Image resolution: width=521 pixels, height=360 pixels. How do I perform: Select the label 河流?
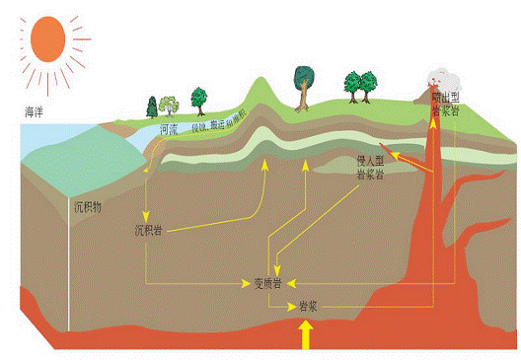point(169,128)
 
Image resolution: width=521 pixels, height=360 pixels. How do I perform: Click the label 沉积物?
point(89,208)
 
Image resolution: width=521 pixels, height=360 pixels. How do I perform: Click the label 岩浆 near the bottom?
point(307,307)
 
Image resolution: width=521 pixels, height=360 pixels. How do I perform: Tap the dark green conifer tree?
point(152,106)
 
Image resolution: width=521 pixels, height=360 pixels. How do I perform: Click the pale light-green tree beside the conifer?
point(168,104)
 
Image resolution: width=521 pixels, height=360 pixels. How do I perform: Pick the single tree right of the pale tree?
point(198,98)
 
